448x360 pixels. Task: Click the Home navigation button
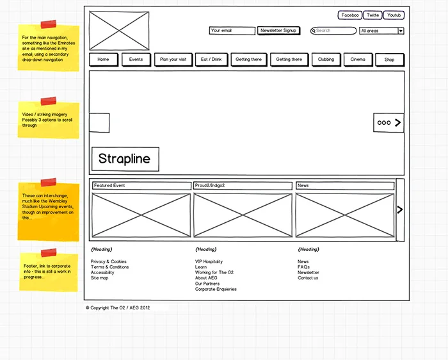tap(103, 60)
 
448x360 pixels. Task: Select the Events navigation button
tap(136, 60)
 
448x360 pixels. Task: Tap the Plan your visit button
tap(173, 60)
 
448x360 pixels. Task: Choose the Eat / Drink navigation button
tap(211, 60)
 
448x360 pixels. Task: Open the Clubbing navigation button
tap(326, 60)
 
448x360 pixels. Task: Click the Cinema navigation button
tap(358, 60)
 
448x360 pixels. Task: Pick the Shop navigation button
tap(389, 60)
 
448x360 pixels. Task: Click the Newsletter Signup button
tap(278, 31)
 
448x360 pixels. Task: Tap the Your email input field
tap(232, 31)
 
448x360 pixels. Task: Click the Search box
tap(333, 31)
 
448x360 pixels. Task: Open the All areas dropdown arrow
tap(401, 31)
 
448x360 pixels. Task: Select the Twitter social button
tap(372, 15)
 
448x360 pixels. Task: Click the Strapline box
tap(125, 159)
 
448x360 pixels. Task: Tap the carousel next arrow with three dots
tap(388, 122)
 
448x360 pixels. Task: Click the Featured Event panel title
tap(141, 186)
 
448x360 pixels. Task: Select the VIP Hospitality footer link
tap(209, 262)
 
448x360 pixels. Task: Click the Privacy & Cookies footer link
tap(109, 262)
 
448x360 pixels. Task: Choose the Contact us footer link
tap(308, 278)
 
